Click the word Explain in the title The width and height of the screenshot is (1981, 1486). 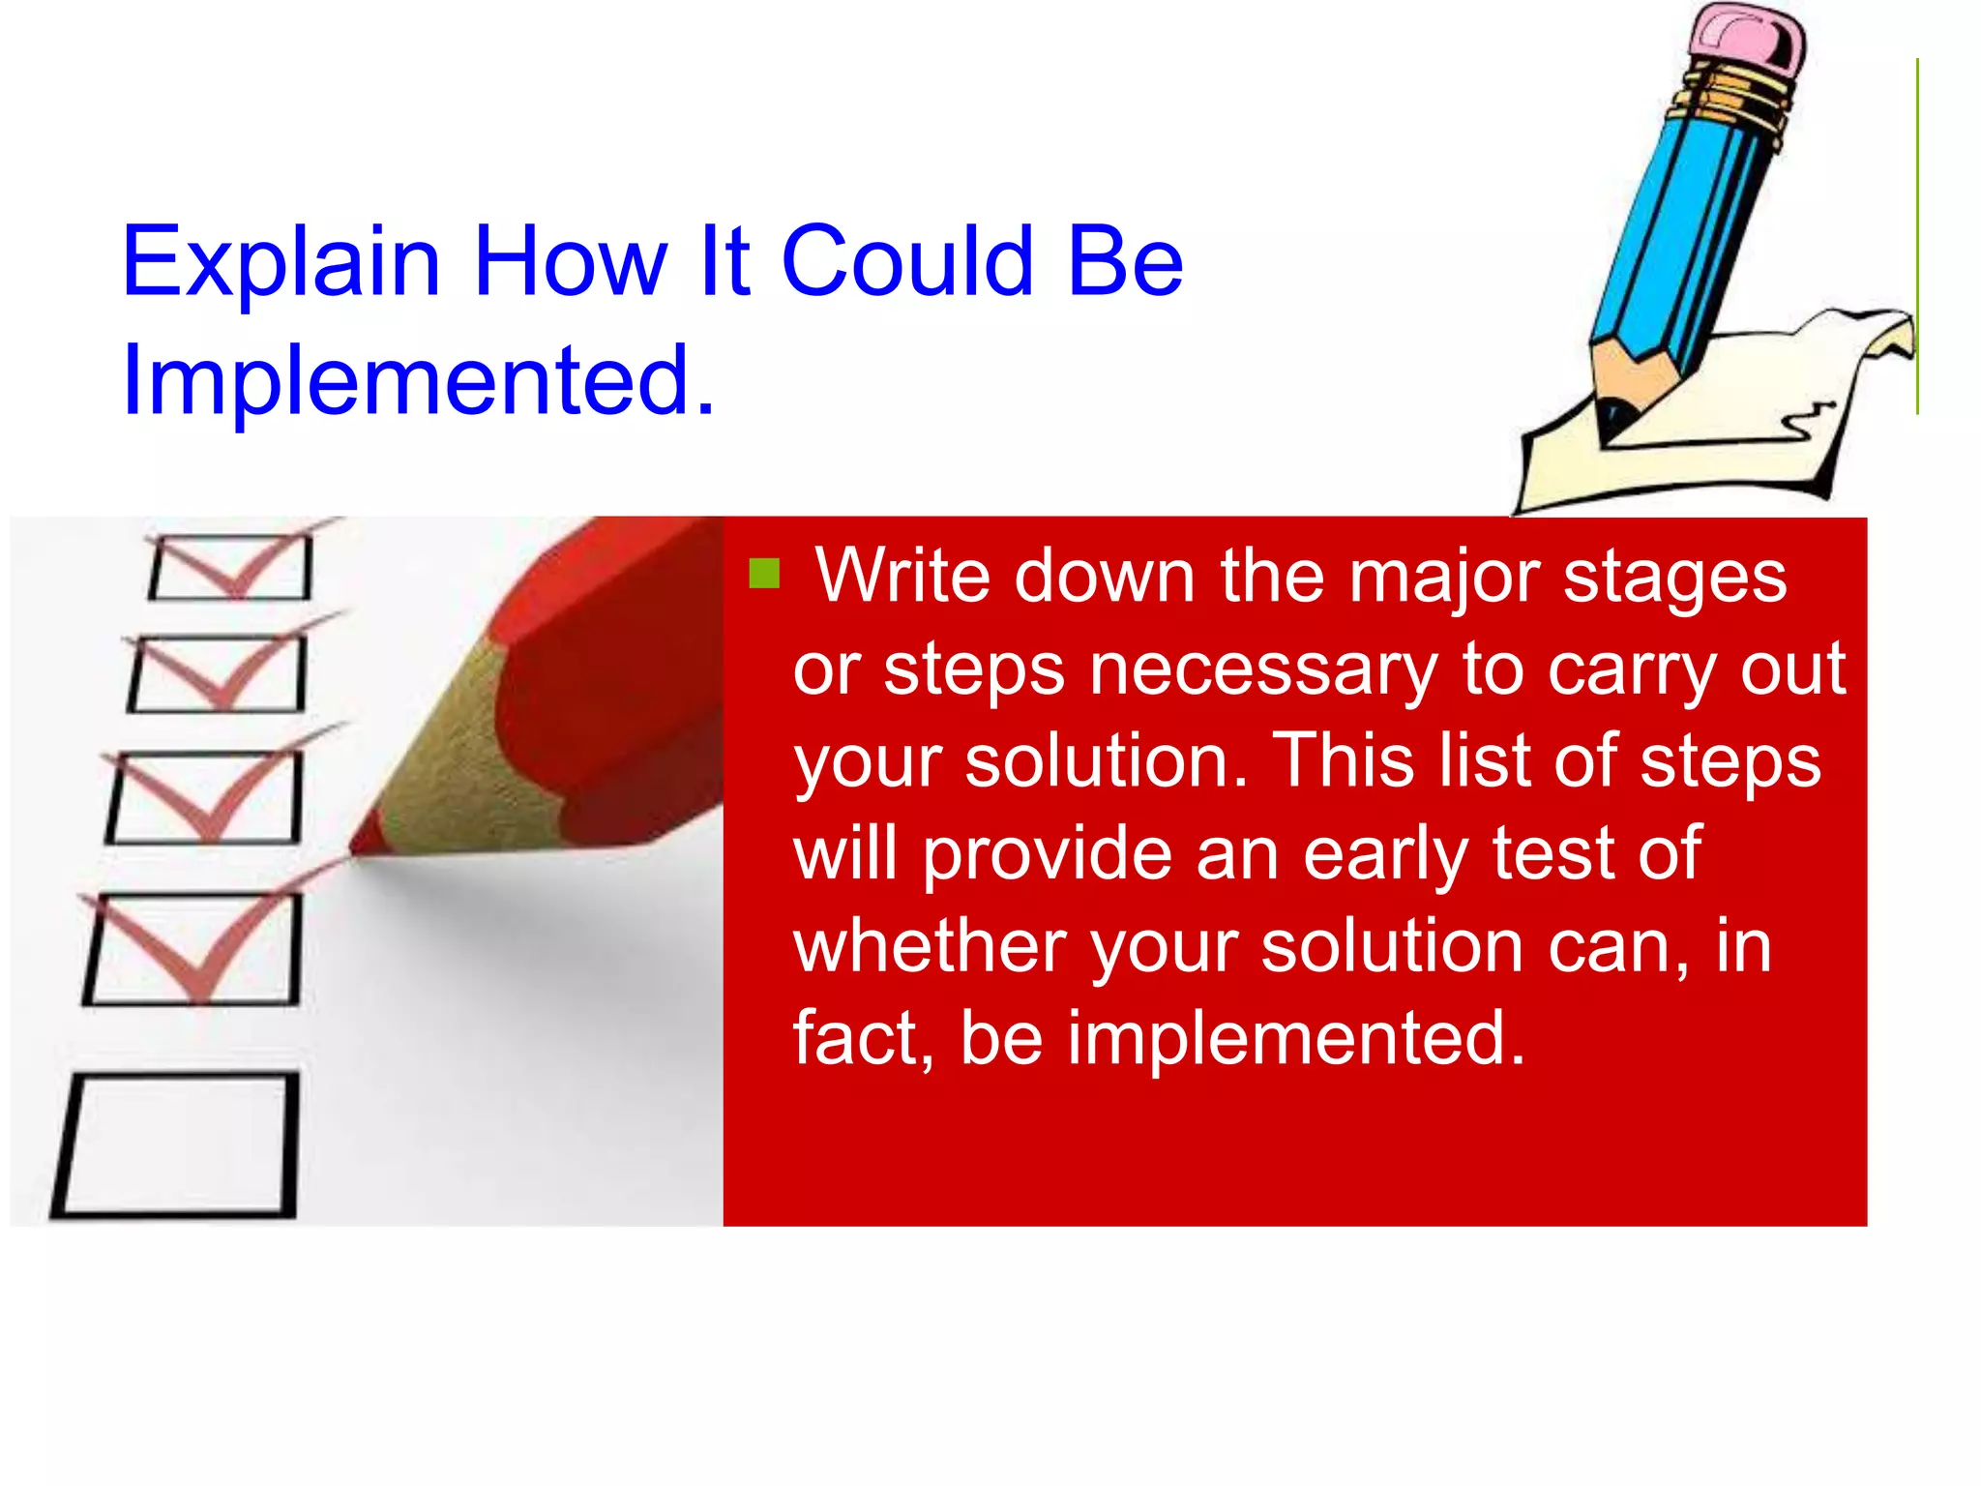[x=281, y=263]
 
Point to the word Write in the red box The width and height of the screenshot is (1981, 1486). [x=902, y=577]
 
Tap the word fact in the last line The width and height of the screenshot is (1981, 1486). [x=851, y=1038]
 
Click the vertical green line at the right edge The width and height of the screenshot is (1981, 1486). [x=1916, y=237]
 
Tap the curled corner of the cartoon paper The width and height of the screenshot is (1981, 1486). [x=1886, y=334]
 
